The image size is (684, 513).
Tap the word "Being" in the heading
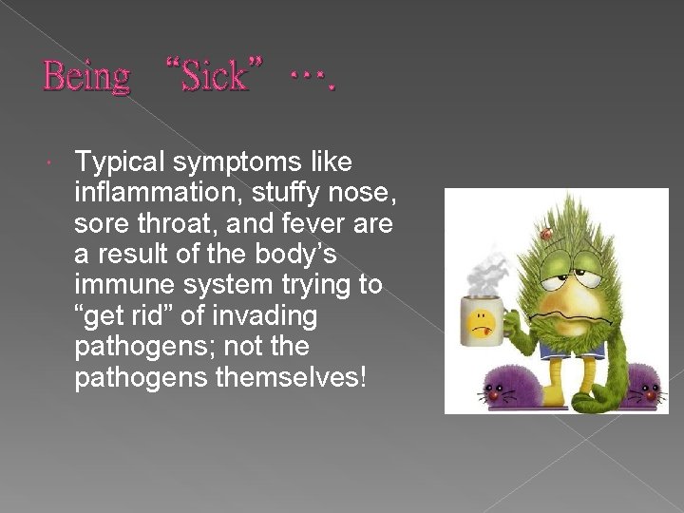tap(86, 76)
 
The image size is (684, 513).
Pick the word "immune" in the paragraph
tap(123, 286)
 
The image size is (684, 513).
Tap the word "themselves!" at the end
tap(291, 378)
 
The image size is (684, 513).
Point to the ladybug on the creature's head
tap(549, 231)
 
